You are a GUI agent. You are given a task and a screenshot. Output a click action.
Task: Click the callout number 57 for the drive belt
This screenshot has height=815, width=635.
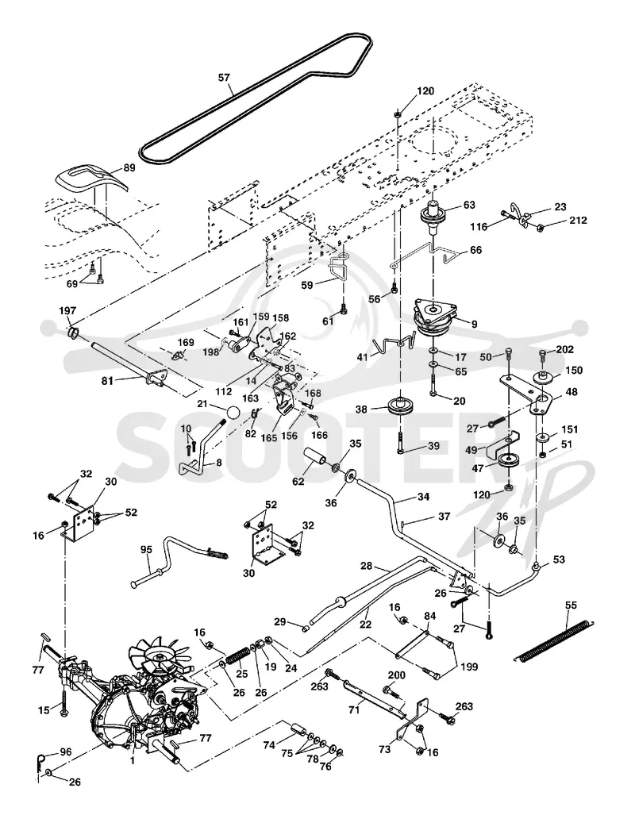point(224,78)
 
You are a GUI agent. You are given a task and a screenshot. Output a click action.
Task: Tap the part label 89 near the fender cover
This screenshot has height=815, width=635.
point(129,168)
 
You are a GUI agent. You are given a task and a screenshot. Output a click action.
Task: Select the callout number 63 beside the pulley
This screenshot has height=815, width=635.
point(469,205)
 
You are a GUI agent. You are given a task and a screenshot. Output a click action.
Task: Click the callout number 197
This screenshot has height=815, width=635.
point(67,311)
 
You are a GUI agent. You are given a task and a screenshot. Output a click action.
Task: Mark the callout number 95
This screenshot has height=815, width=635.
point(146,549)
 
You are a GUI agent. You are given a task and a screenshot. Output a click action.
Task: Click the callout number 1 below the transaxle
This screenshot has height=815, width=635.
point(133,760)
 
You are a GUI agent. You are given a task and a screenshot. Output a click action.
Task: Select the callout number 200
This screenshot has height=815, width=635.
point(396,675)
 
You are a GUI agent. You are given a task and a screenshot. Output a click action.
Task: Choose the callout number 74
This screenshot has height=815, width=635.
point(269,744)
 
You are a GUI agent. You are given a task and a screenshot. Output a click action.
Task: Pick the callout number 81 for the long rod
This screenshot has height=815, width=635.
point(107,382)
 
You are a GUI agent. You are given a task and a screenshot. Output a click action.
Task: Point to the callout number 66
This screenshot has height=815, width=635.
point(475,250)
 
